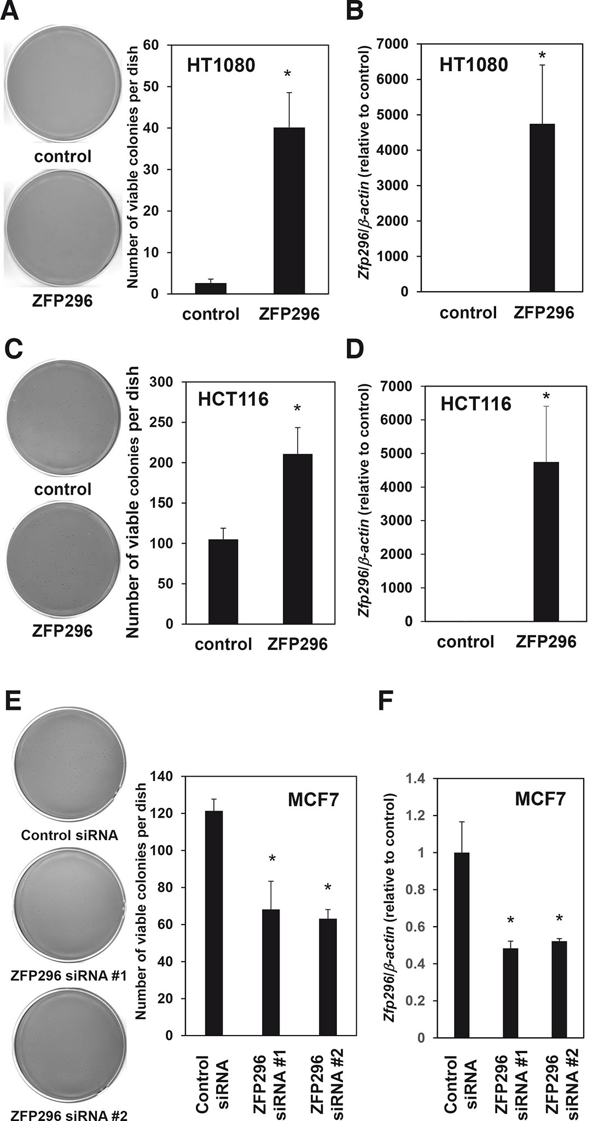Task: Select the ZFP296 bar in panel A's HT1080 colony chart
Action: click(289, 211)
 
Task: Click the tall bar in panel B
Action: click(543, 208)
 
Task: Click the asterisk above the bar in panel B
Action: click(542, 56)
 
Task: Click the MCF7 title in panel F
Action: click(540, 800)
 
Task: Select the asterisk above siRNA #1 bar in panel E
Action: click(271, 858)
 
